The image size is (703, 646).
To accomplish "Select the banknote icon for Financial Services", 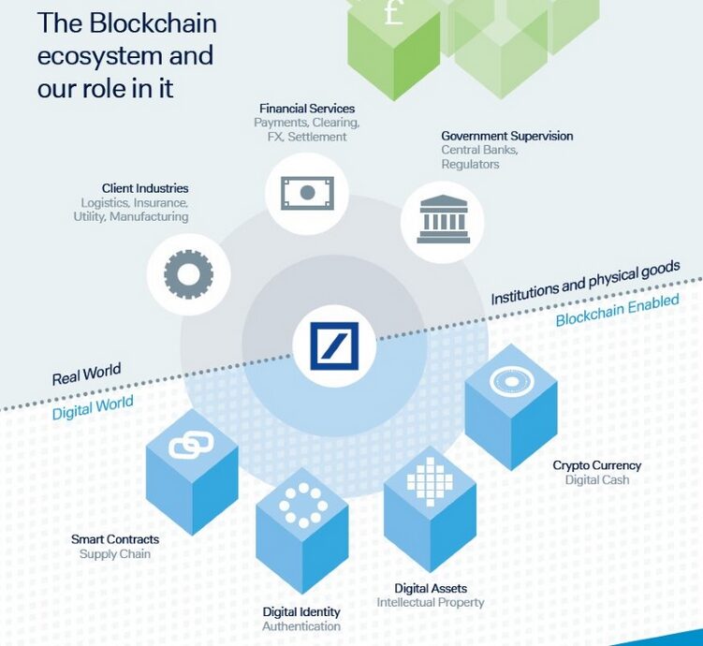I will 306,193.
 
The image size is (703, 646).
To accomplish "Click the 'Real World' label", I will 86,374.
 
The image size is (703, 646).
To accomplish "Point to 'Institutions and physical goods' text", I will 585,284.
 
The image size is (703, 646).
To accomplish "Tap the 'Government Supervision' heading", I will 507,136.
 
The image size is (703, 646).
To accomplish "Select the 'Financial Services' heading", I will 307,109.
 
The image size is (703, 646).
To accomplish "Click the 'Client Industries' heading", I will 145,188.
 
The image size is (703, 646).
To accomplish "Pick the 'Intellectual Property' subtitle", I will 431,602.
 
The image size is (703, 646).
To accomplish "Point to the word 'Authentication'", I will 301,626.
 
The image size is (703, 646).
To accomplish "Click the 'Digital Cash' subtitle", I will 597,480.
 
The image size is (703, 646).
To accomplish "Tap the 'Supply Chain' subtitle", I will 115,554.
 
